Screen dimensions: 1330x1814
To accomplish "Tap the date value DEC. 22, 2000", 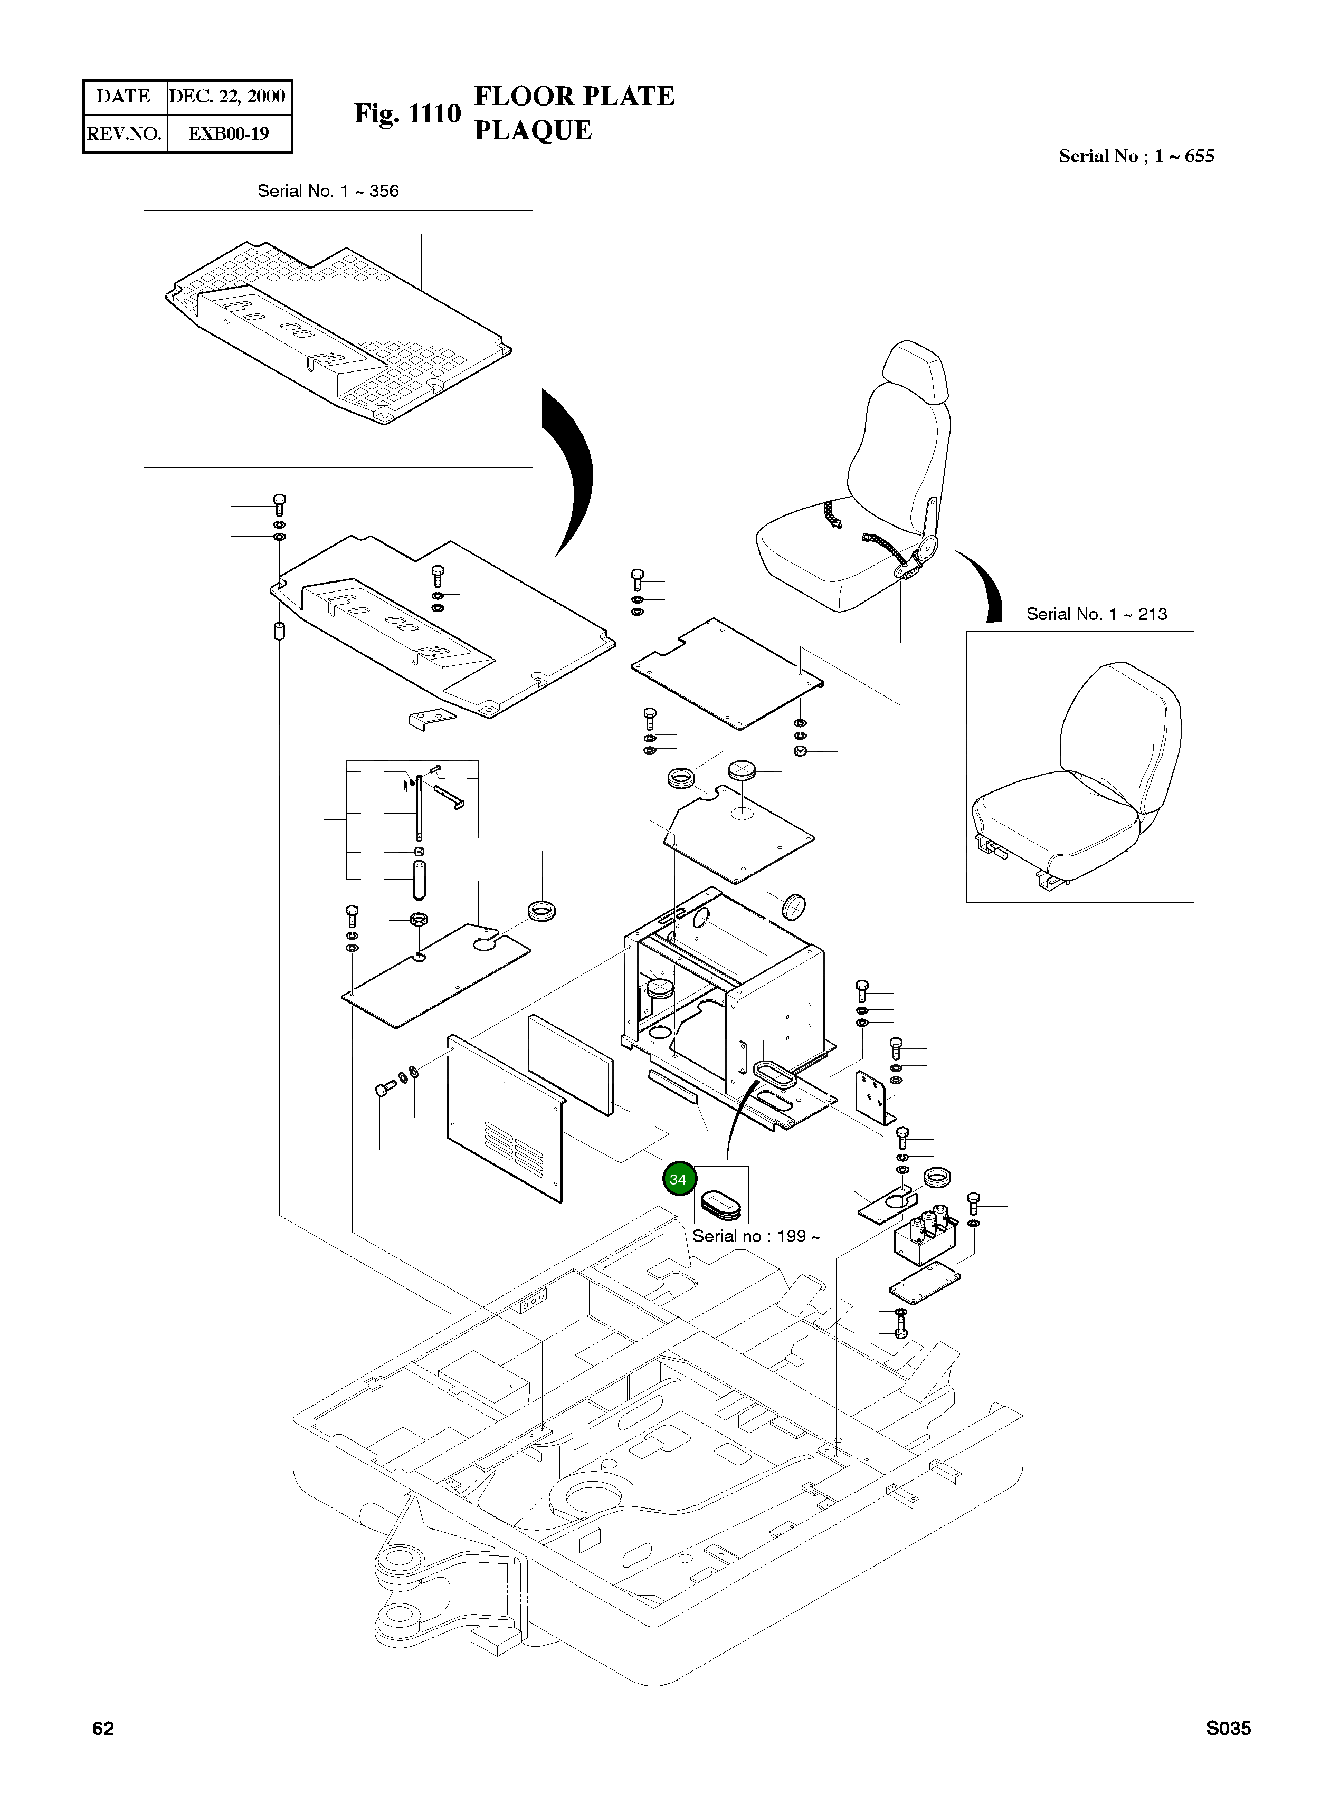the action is click(x=228, y=97).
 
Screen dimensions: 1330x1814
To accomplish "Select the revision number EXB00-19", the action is click(x=229, y=133).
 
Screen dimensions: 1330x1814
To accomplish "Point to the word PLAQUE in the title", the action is click(x=533, y=130).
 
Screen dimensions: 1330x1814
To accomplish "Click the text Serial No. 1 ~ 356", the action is click(x=328, y=192).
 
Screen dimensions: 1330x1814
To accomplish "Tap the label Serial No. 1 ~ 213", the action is click(x=1097, y=614).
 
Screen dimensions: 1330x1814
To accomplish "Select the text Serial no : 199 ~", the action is click(x=756, y=1236).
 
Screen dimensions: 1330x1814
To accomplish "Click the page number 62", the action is click(x=103, y=1729).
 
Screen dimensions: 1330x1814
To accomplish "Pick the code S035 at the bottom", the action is click(x=1228, y=1729).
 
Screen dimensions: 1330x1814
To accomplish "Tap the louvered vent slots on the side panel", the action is click(x=514, y=1149).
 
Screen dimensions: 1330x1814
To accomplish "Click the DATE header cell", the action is click(x=124, y=97).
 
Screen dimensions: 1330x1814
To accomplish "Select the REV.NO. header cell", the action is click(x=124, y=133).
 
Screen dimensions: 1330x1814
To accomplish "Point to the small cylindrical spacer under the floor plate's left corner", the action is click(x=279, y=631).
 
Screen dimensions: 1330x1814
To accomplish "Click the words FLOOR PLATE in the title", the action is click(x=575, y=96).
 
